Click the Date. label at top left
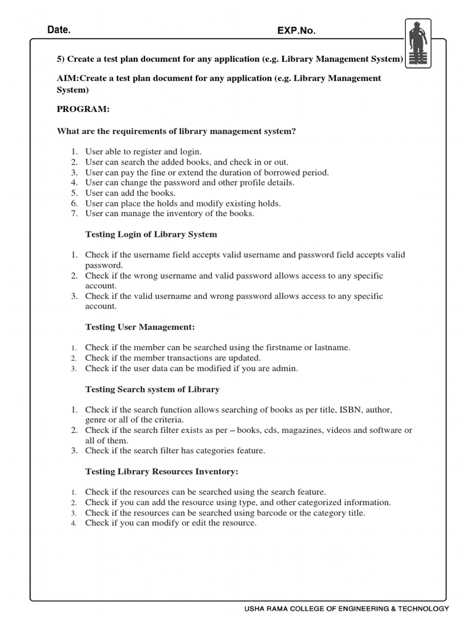coord(59,30)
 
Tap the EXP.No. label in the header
coord(297,31)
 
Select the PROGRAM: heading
coord(83,109)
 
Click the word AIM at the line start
coord(67,78)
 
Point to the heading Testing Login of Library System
coord(151,235)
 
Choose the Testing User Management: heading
coord(140,327)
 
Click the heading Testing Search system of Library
coord(152,389)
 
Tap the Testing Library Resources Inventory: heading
coord(162,471)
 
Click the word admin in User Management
coord(285,369)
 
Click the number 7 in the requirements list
coord(73,214)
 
